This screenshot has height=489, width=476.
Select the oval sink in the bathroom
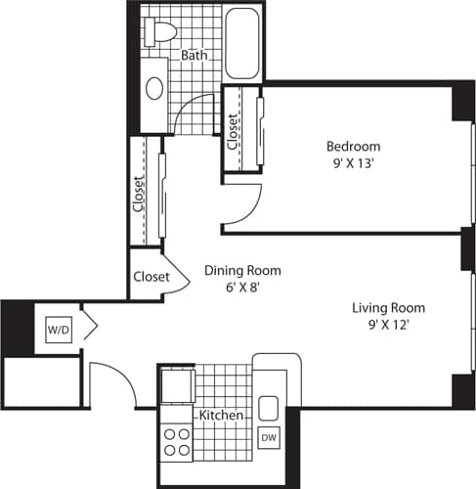(x=154, y=87)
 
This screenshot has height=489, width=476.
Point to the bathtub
(x=241, y=43)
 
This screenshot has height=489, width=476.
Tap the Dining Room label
(x=242, y=271)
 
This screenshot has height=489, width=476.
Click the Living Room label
(x=389, y=308)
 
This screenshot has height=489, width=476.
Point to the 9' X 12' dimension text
(x=389, y=325)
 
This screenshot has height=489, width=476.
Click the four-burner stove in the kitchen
(x=177, y=441)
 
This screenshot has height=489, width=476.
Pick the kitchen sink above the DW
(x=269, y=408)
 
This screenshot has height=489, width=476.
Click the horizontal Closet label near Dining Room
(x=151, y=277)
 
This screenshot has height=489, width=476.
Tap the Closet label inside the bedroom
(x=234, y=130)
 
